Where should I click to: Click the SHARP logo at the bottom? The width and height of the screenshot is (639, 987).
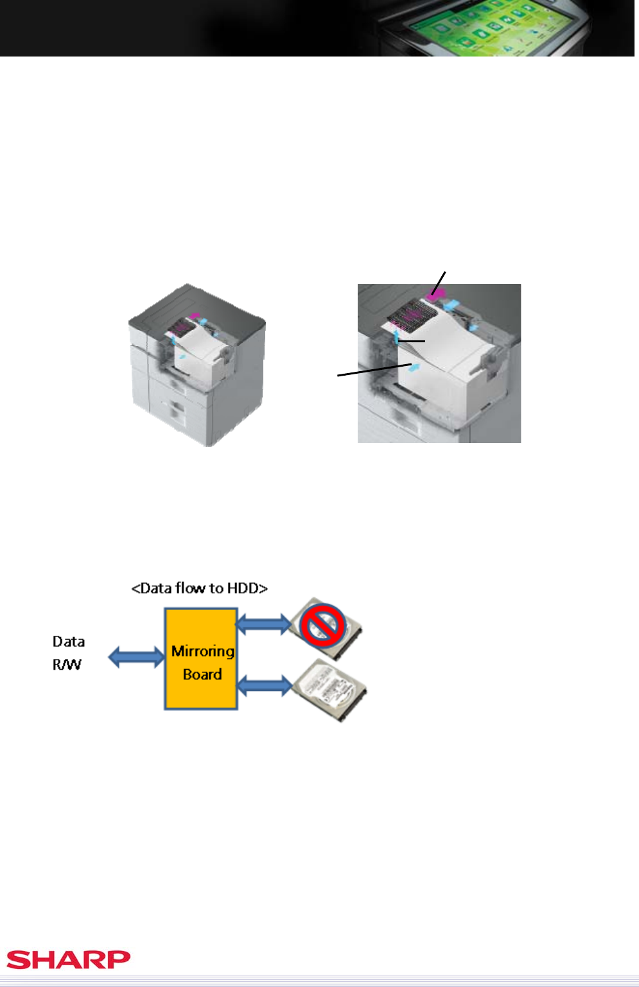point(68,959)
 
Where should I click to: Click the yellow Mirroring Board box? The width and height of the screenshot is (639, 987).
point(201,659)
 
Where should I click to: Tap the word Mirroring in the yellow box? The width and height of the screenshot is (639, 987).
point(202,651)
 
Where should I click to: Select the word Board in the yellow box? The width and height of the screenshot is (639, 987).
point(202,674)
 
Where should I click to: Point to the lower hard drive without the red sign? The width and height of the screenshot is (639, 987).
point(329,689)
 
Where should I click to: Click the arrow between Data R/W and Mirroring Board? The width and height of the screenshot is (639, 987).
point(136,657)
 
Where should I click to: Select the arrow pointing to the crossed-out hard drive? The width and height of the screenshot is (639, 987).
point(264,623)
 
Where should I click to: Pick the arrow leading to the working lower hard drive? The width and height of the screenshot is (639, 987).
point(264,685)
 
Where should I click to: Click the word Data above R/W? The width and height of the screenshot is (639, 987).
point(69,642)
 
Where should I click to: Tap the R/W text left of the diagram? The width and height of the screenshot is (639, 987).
point(67,665)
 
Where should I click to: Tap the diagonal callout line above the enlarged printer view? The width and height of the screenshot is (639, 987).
point(439,283)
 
